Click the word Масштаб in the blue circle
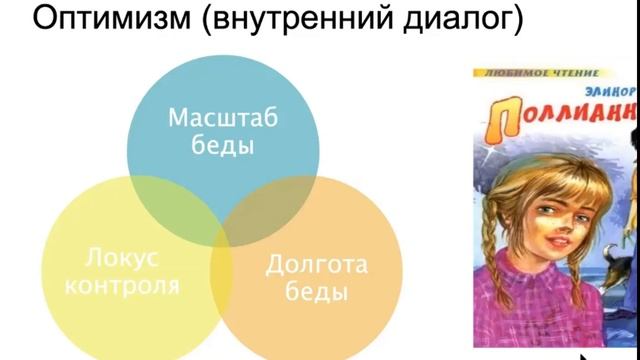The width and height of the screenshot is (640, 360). pos(221,117)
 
